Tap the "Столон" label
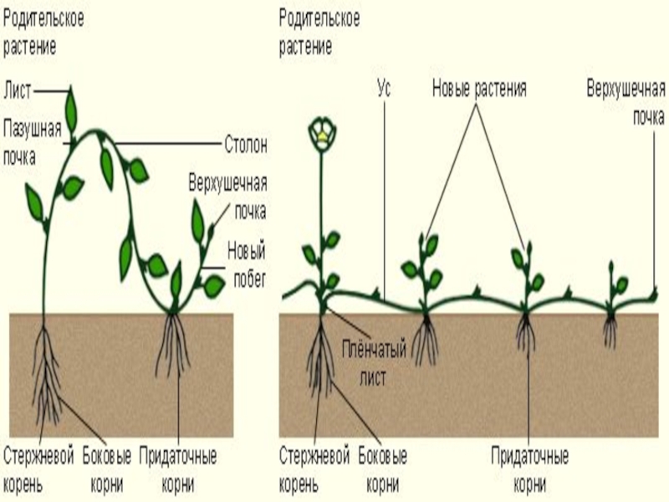point(245,145)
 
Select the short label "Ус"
point(384,87)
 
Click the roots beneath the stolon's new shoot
point(174,343)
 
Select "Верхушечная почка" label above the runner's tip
point(626,100)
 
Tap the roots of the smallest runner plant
point(613,330)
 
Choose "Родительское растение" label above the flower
point(319,32)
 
